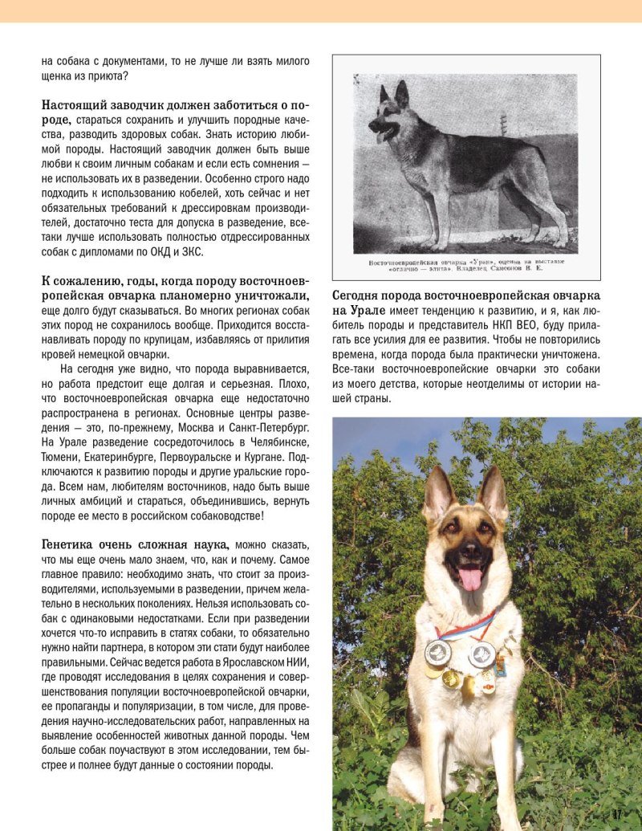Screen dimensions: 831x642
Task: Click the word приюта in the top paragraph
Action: click(99, 76)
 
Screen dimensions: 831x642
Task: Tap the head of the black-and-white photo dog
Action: click(389, 112)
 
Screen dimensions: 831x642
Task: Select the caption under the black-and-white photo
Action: click(465, 267)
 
